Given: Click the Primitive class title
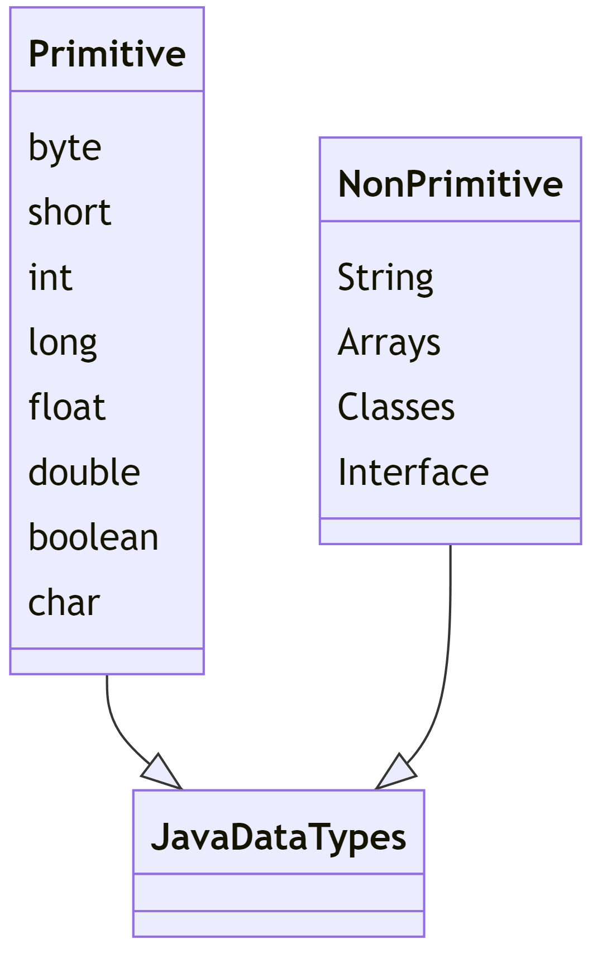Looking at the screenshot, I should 107,54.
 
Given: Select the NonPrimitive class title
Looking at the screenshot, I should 450,184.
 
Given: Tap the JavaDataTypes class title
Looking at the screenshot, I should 278,836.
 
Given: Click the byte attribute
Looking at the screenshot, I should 65,147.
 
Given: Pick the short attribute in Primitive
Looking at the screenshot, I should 70,212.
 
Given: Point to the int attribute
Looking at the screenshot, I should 50,277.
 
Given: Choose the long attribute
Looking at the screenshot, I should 63,342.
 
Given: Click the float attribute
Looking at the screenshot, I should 67,407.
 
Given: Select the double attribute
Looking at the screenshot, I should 84,472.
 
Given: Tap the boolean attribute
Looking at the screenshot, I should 93,537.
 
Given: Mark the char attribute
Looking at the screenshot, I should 64,603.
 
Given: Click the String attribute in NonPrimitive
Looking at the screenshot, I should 385,277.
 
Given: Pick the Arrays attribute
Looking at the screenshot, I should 389,342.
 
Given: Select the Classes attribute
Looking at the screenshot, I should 396,407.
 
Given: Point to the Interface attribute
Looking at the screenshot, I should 413,472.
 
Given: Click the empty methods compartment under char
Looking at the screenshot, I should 107,661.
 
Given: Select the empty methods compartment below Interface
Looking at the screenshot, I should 450,531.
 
